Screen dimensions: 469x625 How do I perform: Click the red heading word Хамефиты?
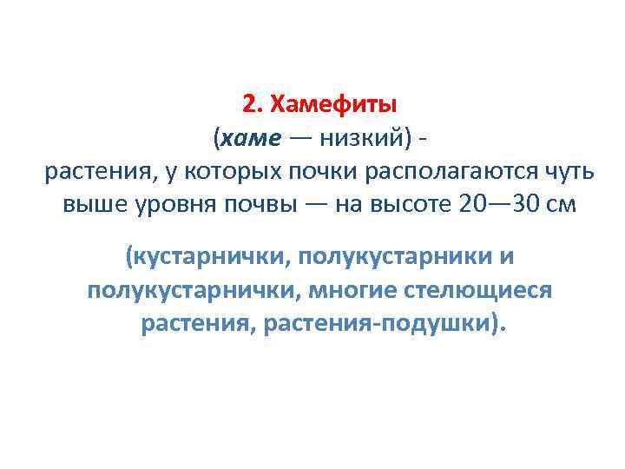point(334,105)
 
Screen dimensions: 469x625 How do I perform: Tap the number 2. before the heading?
point(253,105)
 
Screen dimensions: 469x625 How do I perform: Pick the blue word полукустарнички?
point(189,290)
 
